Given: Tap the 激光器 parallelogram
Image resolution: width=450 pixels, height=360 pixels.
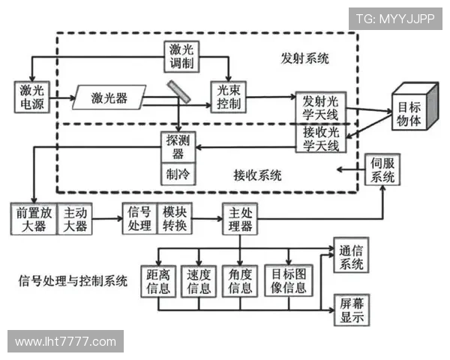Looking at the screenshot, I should tap(109, 97).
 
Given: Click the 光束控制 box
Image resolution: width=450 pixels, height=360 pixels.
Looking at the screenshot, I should tap(226, 97).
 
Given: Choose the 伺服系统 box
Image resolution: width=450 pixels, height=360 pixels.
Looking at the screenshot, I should tap(381, 171).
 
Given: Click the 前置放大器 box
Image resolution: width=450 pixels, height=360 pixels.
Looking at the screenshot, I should tap(30, 218).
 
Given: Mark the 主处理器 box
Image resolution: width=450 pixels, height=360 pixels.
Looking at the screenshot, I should tap(239, 218).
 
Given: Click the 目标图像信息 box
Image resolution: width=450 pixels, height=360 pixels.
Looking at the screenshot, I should tap(289, 280).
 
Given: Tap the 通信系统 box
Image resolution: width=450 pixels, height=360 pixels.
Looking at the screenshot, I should tap(350, 256).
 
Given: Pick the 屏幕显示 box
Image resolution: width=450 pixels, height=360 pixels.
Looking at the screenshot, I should tap(350, 309).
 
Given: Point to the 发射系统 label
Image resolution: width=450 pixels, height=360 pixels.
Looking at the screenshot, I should tap(304, 58).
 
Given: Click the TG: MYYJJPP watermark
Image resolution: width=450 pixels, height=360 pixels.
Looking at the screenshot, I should tap(394, 18).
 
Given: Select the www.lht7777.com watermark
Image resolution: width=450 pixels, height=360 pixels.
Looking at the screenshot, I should tap(66, 342).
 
